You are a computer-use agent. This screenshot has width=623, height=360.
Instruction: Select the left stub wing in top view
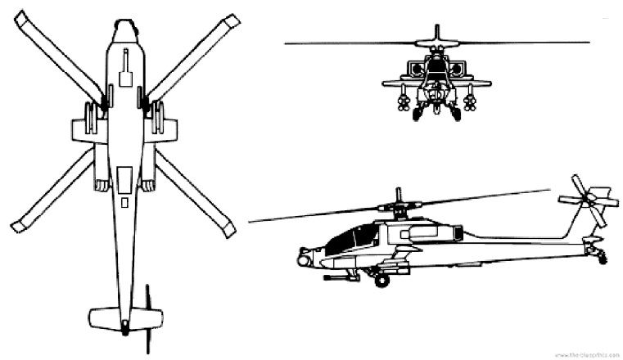coord(83,128)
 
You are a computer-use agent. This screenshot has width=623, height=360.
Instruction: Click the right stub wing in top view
coord(165,128)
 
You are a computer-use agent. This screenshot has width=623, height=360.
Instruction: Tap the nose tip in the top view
coord(124,24)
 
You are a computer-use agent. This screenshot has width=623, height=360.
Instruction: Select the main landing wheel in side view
coord(381,281)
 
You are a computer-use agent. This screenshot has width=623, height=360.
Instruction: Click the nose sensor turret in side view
coord(304,260)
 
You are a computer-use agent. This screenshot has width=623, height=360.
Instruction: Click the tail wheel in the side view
coord(603,258)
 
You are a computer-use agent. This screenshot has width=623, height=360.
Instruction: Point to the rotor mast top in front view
coord(437,29)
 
